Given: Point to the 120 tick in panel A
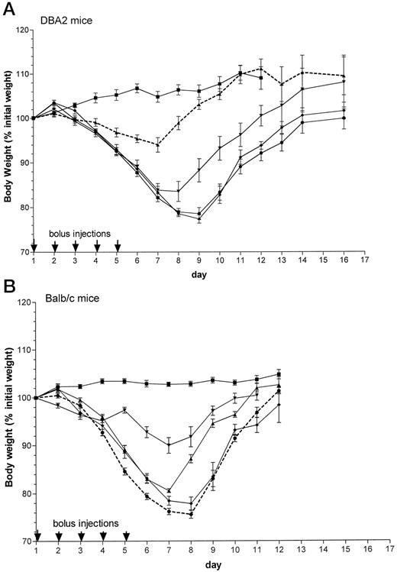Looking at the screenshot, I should click(x=21, y=30).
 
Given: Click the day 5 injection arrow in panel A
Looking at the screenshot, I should click(x=117, y=246).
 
